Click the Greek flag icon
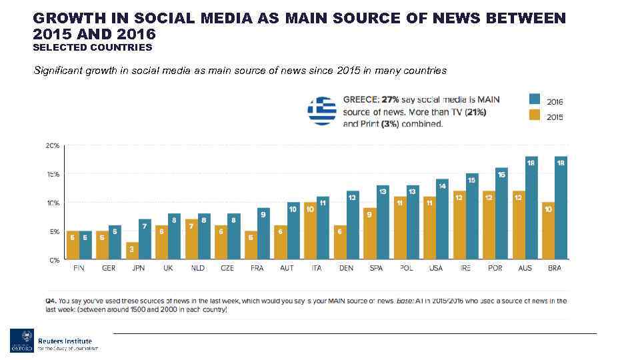322,111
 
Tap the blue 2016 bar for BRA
561,208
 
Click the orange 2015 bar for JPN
133,251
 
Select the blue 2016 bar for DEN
353,225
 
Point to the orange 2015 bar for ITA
310,231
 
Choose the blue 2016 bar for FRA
263,233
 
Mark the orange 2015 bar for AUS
518,225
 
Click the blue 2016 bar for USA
442,219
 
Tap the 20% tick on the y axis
52,145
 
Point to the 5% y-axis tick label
53,231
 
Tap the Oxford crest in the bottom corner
21,340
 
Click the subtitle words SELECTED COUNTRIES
93,47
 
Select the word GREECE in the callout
361,99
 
